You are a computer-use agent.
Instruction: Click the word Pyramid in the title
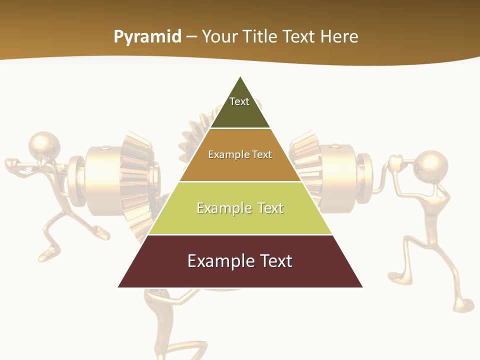click(147, 37)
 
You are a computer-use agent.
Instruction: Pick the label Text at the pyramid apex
click(239, 101)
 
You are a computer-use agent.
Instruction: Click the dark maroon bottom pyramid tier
click(240, 275)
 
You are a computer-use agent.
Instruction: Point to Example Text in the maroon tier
click(240, 261)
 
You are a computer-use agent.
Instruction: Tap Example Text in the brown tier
click(240, 154)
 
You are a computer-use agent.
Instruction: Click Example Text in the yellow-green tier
click(240, 208)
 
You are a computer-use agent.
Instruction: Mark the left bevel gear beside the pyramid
click(136, 180)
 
